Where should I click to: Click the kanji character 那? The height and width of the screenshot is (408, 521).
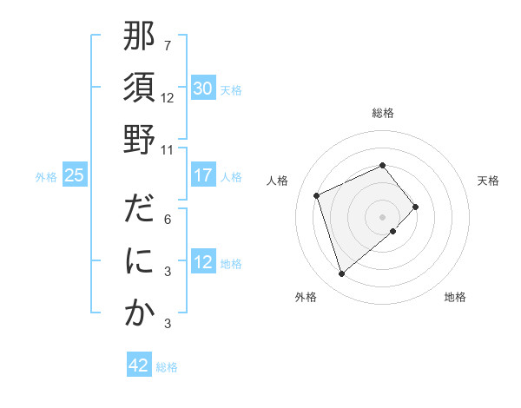(139, 37)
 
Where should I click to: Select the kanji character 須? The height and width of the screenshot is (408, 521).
(139, 88)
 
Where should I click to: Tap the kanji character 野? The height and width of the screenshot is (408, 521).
(139, 139)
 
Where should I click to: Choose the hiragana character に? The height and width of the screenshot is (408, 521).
(139, 262)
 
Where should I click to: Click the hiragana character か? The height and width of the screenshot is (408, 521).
(139, 313)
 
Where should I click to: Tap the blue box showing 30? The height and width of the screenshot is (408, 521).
(203, 89)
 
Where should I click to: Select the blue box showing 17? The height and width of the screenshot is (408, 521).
(203, 175)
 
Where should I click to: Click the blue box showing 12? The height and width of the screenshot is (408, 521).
(203, 262)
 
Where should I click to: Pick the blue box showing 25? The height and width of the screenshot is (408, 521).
(75, 175)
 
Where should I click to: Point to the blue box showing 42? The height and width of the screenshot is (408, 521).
(139, 365)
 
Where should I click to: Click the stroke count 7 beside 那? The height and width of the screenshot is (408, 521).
(167, 45)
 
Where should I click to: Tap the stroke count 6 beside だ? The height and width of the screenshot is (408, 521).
(167, 219)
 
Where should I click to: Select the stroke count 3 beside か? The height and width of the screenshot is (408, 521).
(167, 325)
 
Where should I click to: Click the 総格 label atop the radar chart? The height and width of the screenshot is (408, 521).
(383, 113)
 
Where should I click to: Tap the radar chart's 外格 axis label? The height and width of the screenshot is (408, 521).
(306, 297)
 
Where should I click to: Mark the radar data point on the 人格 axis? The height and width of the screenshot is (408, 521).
(318, 194)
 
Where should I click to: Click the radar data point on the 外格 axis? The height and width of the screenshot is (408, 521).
(342, 274)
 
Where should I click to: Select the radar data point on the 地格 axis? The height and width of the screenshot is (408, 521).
(393, 231)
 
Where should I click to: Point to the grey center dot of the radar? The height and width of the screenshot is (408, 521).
(383, 215)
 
